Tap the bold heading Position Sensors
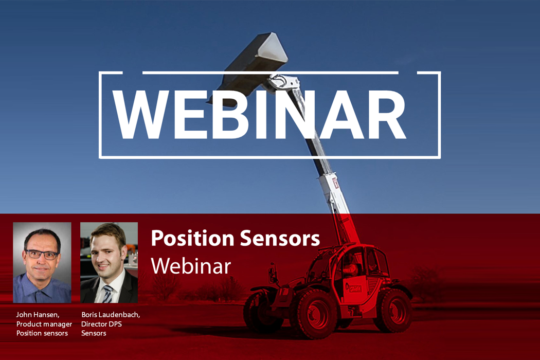(235, 238)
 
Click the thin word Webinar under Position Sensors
(191, 266)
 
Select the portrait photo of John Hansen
(42, 262)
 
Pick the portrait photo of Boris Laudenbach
(109, 262)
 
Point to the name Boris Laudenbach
(111, 314)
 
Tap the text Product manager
(44, 323)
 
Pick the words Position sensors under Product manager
(42, 333)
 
